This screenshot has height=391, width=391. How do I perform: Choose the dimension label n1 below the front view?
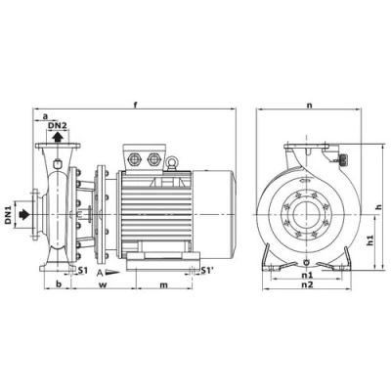click(x=307, y=275)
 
